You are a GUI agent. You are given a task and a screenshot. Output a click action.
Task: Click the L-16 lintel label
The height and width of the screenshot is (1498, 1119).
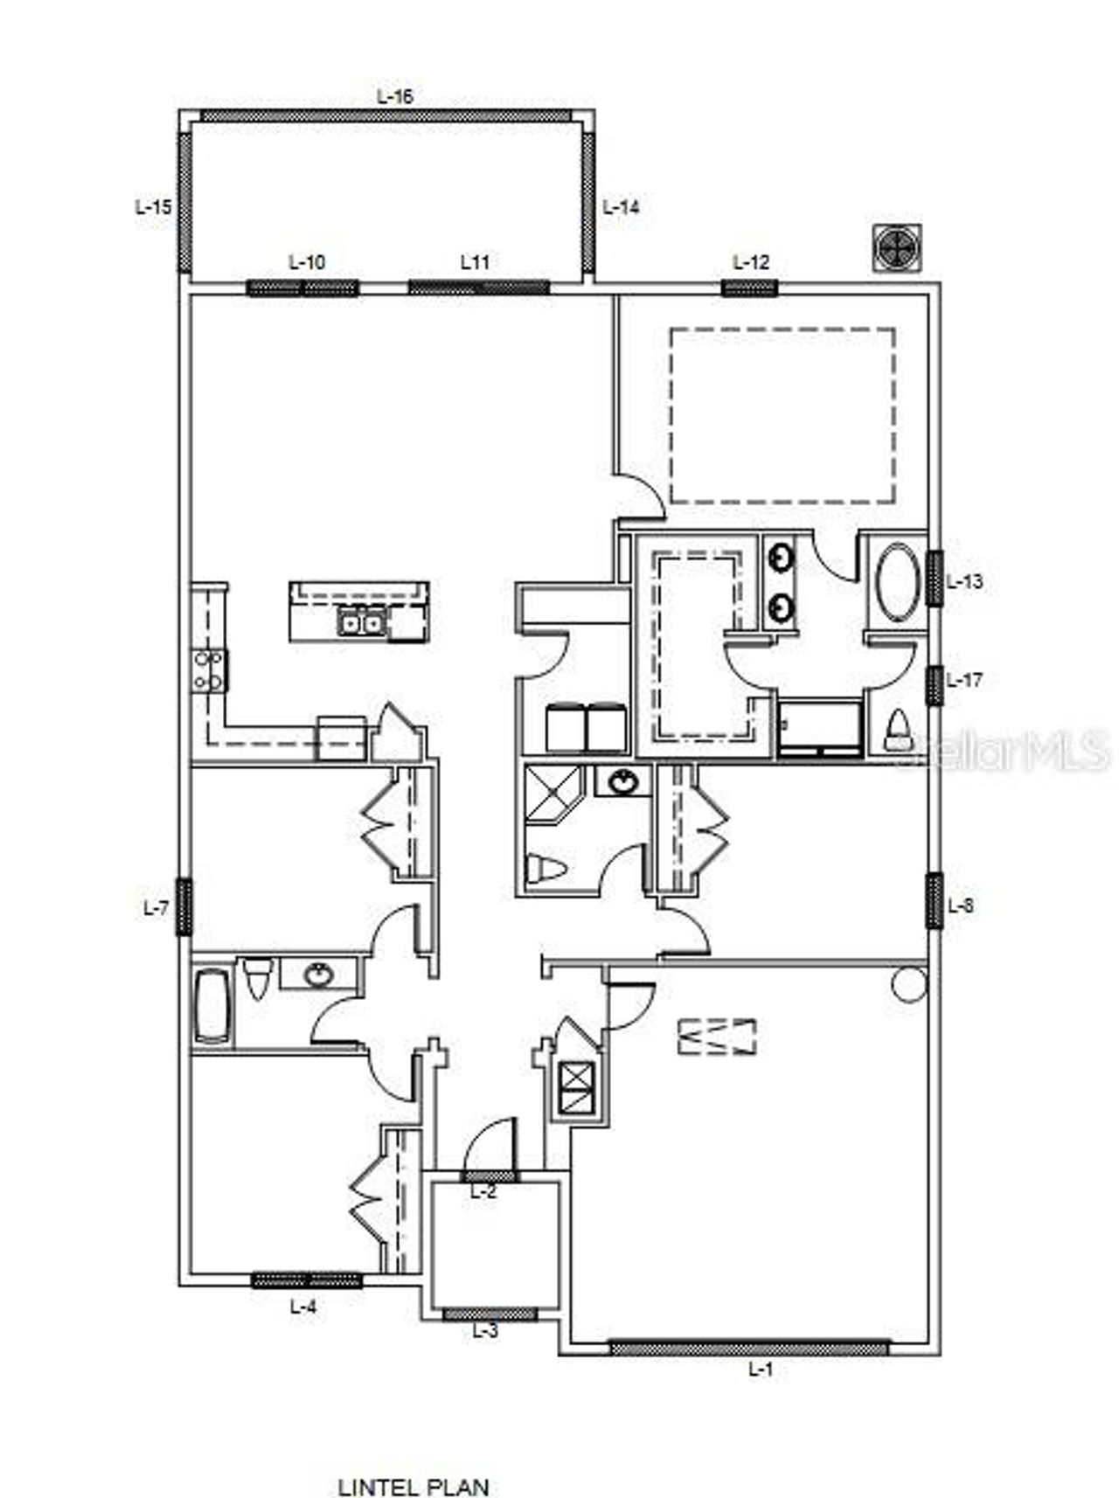tap(394, 96)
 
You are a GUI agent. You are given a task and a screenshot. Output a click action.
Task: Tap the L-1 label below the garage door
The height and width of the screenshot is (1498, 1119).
tap(761, 1370)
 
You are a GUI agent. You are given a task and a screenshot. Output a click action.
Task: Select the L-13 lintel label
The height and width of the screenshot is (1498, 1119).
tap(964, 581)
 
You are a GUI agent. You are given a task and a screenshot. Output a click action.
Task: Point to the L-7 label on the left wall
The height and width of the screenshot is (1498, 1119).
tap(156, 909)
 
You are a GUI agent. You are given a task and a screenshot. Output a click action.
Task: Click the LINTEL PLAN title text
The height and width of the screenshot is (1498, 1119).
tap(414, 1462)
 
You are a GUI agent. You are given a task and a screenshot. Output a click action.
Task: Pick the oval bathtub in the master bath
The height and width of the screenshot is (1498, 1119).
tap(897, 582)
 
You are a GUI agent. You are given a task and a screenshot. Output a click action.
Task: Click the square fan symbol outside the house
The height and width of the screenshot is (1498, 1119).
tap(897, 246)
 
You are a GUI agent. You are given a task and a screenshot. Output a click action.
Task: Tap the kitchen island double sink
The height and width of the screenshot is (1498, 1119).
tap(361, 623)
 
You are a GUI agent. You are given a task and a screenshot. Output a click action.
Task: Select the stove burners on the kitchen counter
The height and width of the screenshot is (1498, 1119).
tap(210, 670)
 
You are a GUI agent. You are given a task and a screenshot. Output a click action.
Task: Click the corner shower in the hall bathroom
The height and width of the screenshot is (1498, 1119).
tap(553, 794)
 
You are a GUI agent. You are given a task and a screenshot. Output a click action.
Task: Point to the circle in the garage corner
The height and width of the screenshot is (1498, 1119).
tap(909, 984)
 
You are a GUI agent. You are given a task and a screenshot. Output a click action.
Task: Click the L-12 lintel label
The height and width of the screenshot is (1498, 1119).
tap(750, 262)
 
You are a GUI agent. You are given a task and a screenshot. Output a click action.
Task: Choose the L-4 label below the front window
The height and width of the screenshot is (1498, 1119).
tap(302, 1307)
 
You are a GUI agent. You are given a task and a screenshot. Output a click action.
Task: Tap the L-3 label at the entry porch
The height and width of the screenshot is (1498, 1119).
tap(485, 1331)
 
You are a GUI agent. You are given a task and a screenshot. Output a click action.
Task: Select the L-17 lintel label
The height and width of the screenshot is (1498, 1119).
tap(964, 679)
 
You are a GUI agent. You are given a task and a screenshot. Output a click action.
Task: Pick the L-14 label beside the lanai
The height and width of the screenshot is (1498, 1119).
tap(622, 207)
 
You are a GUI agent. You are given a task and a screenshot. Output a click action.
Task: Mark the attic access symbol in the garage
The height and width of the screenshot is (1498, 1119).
tap(717, 1037)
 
